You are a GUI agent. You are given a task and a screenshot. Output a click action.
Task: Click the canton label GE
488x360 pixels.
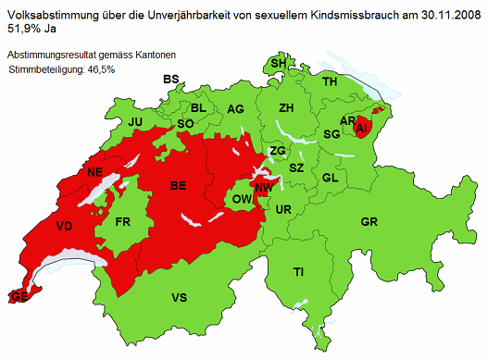[x=17, y=296]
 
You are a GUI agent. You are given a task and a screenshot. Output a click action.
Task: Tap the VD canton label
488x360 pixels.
[x=64, y=227]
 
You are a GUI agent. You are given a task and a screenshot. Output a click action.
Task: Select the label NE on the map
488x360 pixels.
[x=94, y=173]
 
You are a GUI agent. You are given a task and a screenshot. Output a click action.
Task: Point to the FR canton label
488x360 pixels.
[x=124, y=222]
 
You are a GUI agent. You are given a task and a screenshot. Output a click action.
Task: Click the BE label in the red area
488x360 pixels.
[x=179, y=186]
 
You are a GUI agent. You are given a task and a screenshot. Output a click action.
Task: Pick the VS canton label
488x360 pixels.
[x=180, y=297]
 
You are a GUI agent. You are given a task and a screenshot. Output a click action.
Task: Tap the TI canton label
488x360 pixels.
[x=299, y=272]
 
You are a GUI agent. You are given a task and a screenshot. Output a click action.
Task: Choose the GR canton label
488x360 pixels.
[x=369, y=222]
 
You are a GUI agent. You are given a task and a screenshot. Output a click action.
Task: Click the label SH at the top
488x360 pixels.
[x=278, y=63]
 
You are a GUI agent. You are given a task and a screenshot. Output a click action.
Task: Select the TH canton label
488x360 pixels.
[x=330, y=82]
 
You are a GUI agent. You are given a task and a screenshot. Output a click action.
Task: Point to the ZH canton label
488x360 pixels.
[x=286, y=108]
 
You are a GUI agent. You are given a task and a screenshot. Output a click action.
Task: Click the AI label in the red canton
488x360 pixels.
[x=361, y=127]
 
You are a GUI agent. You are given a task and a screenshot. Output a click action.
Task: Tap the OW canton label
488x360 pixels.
[x=240, y=199]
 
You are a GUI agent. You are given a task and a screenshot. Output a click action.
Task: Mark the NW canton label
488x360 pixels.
[x=264, y=188]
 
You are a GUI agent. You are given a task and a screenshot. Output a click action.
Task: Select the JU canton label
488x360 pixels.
[x=136, y=122]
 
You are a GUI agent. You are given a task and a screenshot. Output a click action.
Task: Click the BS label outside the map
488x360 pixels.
[x=170, y=80]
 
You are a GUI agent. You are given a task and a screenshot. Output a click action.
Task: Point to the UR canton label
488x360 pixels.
[x=283, y=210]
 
